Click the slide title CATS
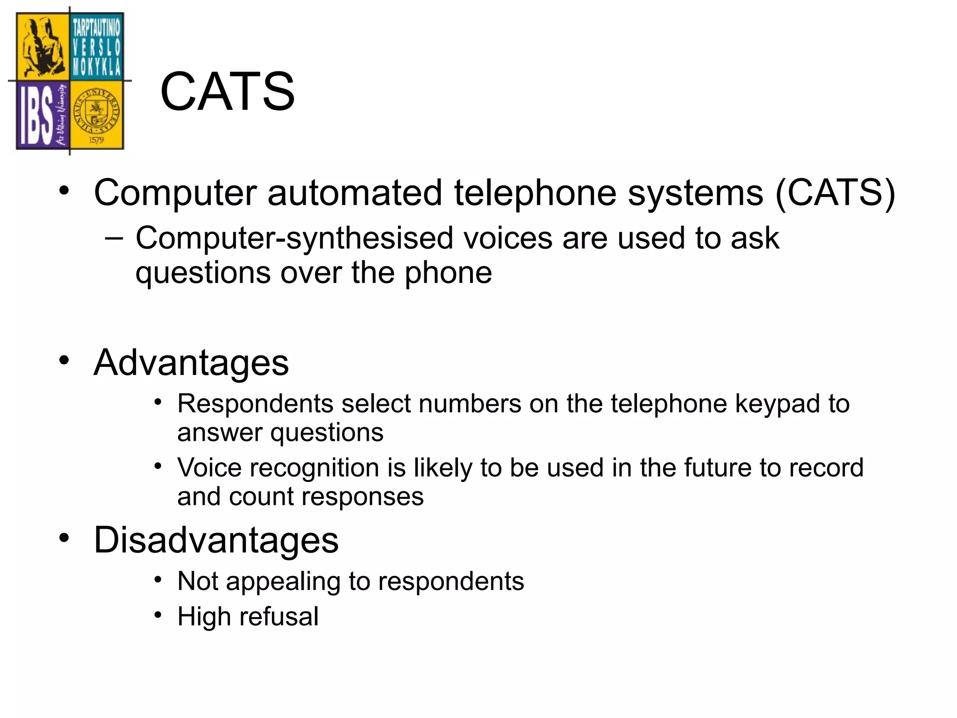227,92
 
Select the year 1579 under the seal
96,140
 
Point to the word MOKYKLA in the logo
96,68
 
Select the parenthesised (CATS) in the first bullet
835,193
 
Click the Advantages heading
191,363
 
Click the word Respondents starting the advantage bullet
255,403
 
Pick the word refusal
279,616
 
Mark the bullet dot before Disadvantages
64,538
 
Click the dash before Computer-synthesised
114,238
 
